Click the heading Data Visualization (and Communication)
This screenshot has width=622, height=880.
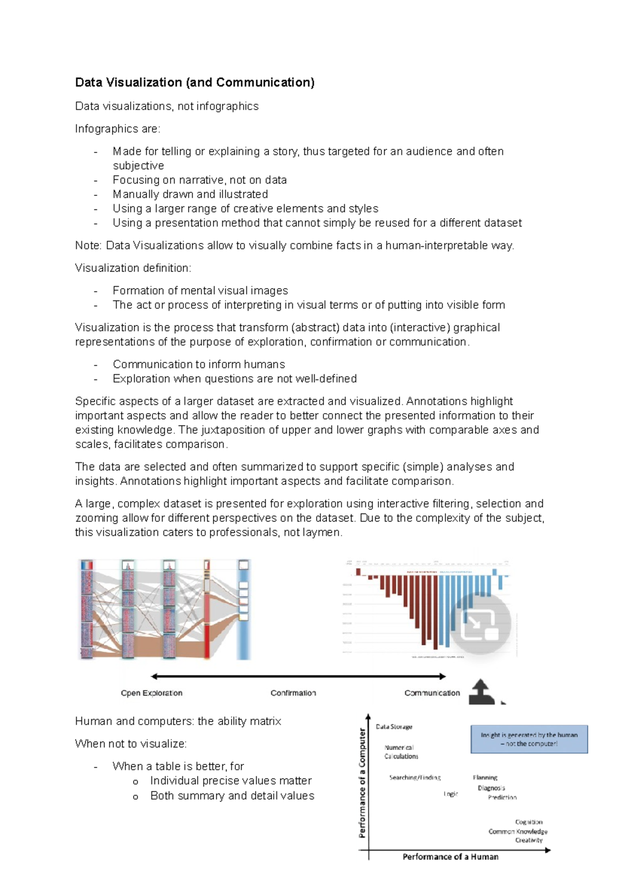pos(194,82)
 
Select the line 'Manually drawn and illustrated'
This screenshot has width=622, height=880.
pos(190,194)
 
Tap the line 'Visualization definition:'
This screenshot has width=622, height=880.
pos(133,268)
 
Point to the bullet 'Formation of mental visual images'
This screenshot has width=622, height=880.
pos(200,291)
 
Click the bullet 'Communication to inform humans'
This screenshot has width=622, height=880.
pos(199,364)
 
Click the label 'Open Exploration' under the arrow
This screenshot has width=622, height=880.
pos(151,693)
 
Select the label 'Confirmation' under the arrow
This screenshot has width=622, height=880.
pos(293,693)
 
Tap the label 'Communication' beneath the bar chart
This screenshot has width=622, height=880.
pos(432,693)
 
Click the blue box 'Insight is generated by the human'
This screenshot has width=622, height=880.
pos(529,739)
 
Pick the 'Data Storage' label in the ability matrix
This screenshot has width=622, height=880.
pos(394,727)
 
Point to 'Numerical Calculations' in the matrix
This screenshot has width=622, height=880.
pos(401,752)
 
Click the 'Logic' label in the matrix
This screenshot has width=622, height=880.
pos(450,794)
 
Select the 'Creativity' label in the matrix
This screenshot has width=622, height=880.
pos(529,840)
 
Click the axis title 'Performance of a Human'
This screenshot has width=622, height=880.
pos(450,857)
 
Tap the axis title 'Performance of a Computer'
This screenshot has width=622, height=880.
pos(362,783)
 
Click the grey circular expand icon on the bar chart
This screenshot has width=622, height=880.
pos(480,623)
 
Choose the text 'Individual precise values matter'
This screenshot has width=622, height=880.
pos(231,781)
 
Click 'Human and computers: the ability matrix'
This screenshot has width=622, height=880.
pos(178,721)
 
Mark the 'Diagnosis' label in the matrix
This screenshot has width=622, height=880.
pos(491,788)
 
